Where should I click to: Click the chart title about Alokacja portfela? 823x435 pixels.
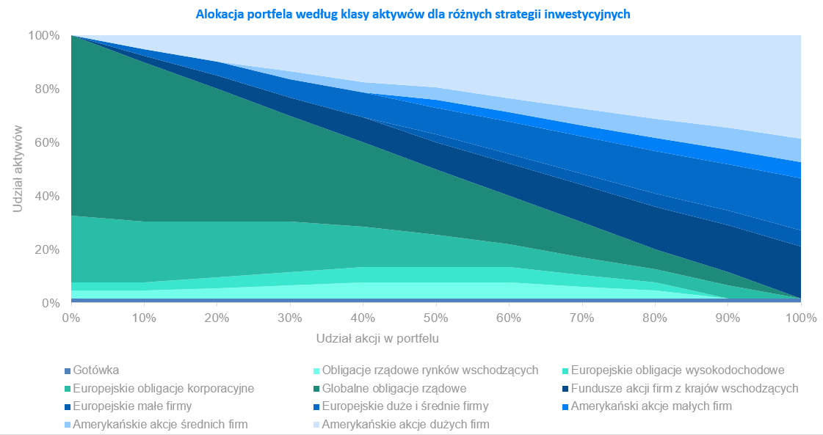pos(413,14)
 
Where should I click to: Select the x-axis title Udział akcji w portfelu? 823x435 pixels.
pos(377,339)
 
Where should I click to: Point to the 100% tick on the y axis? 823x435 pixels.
pos(44,35)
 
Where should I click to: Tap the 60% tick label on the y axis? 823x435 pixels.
pos(47,142)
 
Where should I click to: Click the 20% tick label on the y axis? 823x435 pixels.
pos(47,249)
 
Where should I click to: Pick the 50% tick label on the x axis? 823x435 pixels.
pos(436,318)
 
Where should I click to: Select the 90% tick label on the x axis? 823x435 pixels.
pos(728,318)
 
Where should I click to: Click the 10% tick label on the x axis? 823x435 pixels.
pos(144,318)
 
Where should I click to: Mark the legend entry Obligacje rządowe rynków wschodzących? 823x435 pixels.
pos(430,370)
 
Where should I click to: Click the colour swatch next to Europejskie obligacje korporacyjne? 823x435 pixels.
pos(68,389)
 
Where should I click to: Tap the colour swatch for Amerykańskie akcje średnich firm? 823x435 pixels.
pos(68,425)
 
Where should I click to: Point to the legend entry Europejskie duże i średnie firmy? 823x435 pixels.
pos(405,406)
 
